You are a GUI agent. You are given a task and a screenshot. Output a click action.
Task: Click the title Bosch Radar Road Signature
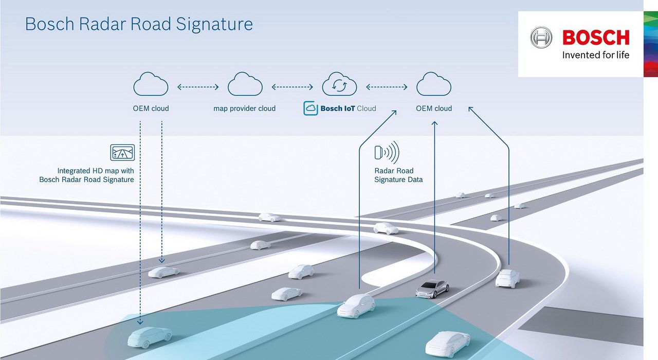pos(139,24)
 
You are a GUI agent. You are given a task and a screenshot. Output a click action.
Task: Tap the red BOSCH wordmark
pos(596,38)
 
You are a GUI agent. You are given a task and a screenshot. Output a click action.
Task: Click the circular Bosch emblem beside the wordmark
pos(541,38)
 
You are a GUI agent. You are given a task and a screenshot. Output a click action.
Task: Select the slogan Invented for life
pos(596,55)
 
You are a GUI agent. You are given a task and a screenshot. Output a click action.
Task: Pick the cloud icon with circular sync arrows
pos(339,84)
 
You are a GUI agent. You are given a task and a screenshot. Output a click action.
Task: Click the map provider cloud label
pos(245,109)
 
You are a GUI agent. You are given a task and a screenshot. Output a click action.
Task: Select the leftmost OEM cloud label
pos(151,109)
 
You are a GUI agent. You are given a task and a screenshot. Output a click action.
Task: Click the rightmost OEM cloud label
pos(434,109)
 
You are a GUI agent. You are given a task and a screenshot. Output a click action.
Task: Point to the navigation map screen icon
pos(122,152)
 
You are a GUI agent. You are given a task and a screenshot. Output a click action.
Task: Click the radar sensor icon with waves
pos(387,152)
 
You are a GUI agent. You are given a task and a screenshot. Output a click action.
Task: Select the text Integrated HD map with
pos(96,171)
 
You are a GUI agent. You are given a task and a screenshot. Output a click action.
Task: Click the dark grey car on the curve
pos(432,289)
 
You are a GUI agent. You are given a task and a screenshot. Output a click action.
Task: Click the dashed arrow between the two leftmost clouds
pos(198,87)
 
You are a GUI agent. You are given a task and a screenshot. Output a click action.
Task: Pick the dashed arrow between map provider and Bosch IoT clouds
pos(293,87)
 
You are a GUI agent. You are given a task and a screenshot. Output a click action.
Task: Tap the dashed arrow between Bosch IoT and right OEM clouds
pos(387,87)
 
